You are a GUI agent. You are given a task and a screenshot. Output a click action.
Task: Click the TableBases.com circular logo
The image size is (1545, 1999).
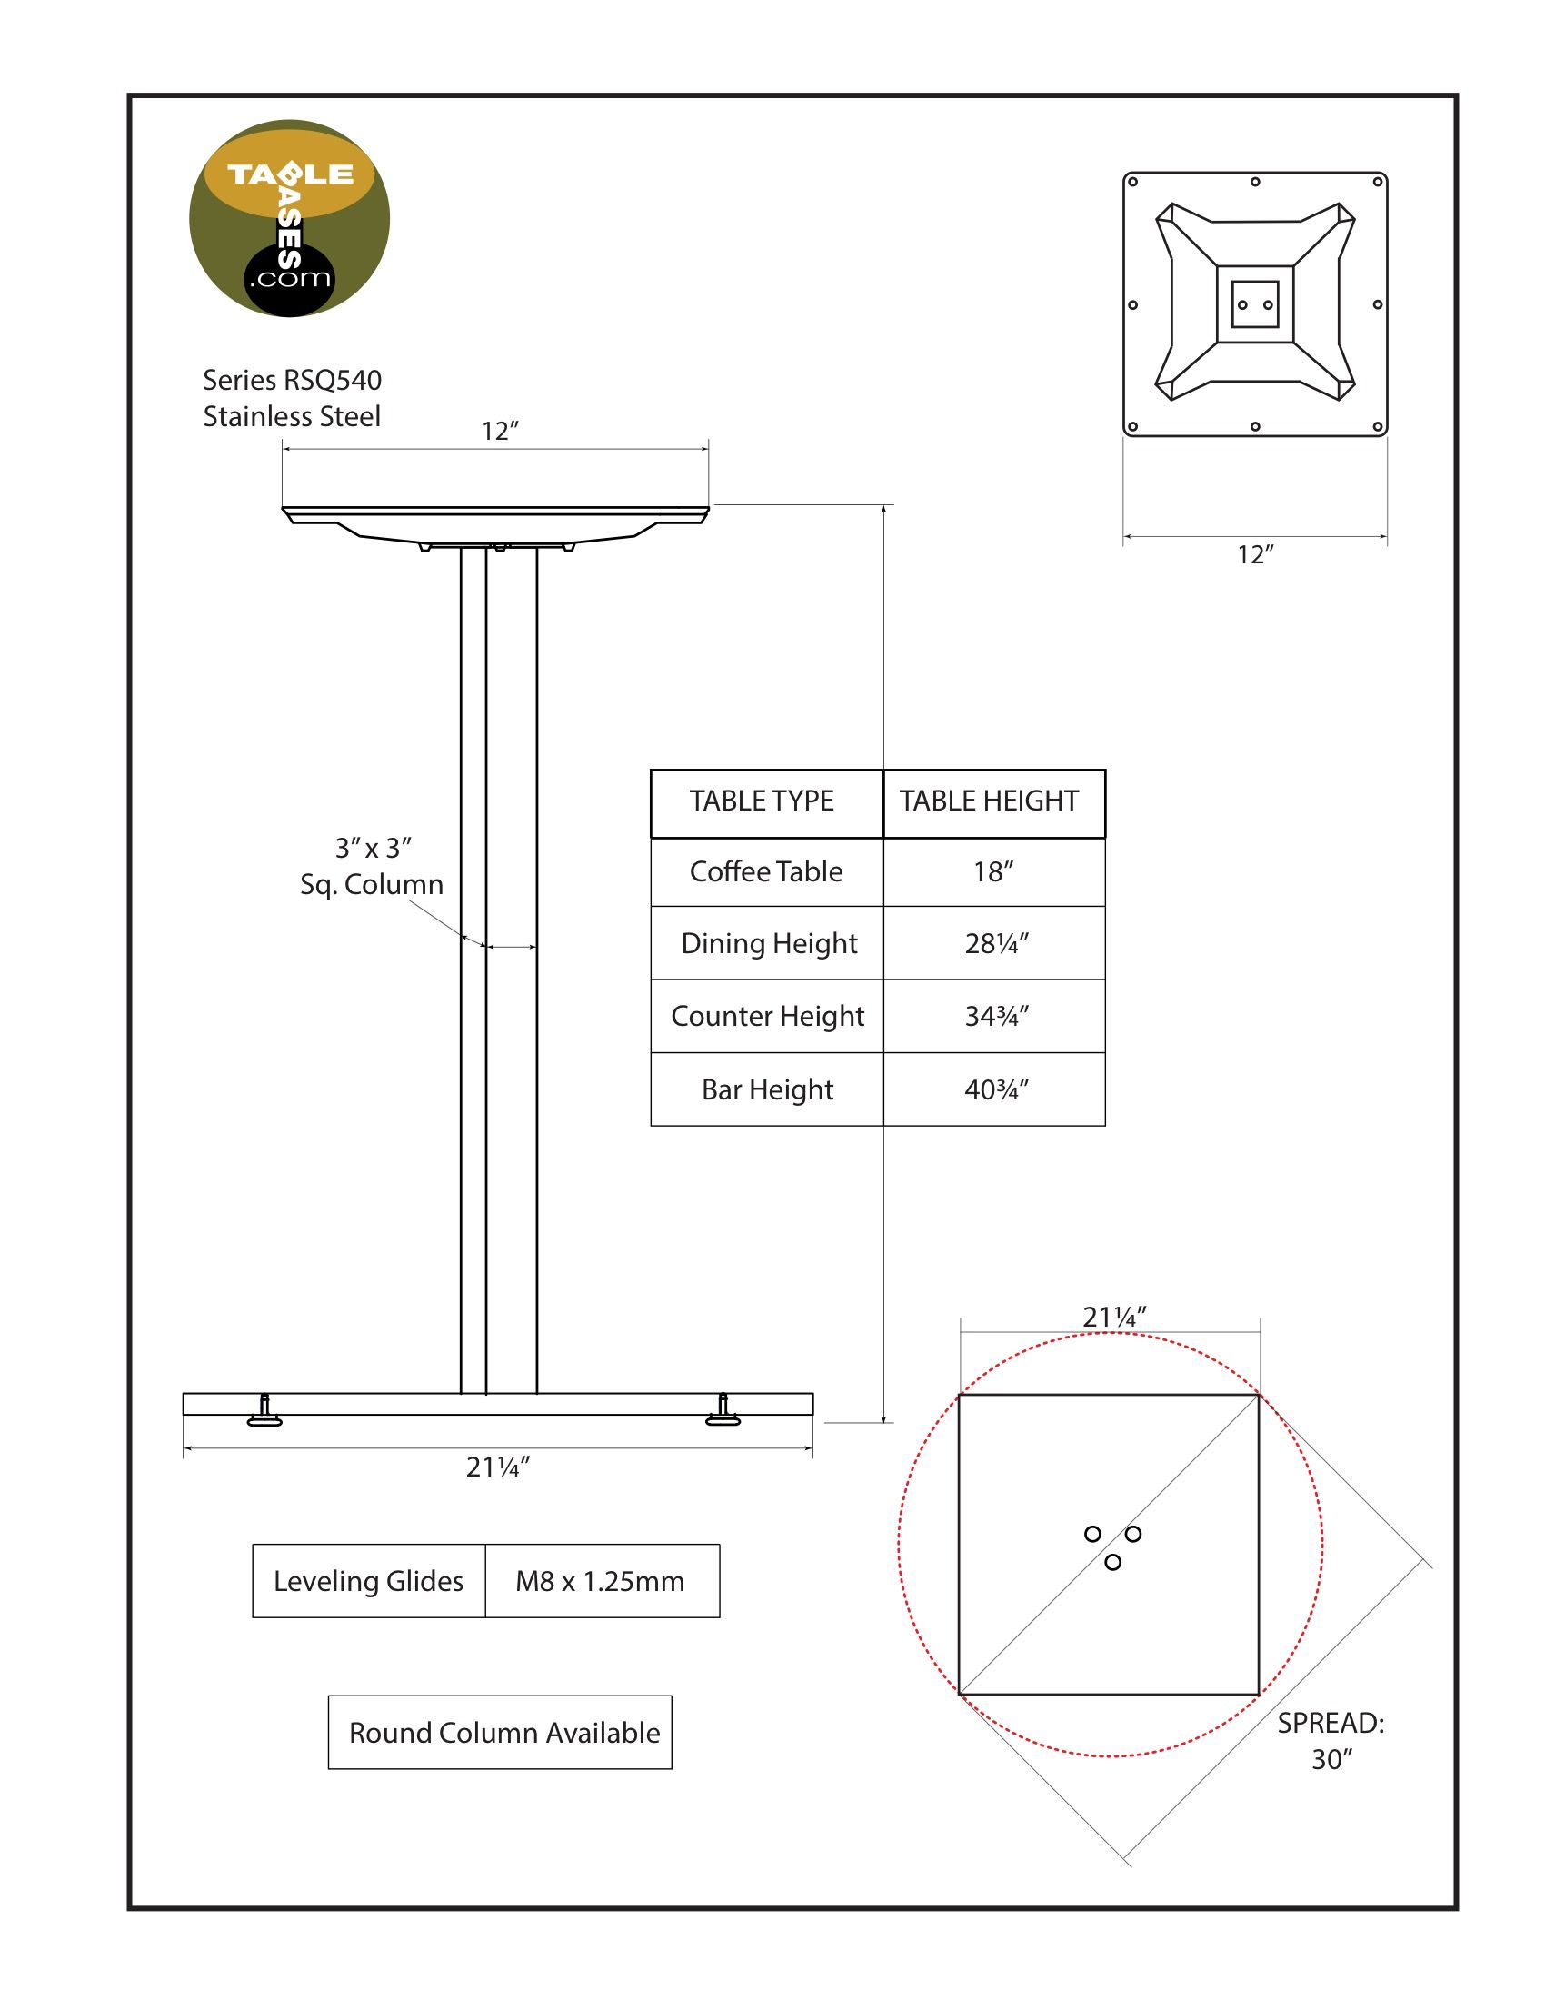pyautogui.click(x=289, y=219)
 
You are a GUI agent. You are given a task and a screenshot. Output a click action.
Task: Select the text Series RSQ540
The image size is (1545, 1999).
pyautogui.click(x=292, y=380)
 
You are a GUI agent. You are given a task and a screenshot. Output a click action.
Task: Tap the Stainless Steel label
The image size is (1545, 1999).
pyautogui.click(x=292, y=416)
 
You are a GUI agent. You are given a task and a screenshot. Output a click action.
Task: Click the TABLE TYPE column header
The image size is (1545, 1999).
pyautogui.click(x=762, y=801)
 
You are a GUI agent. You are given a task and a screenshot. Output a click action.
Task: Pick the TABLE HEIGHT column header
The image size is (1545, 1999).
pyautogui.click(x=990, y=801)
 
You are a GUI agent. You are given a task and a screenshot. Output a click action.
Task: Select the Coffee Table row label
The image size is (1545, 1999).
pyautogui.click(x=766, y=871)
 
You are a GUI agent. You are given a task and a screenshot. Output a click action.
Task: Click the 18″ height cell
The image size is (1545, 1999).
pyautogui.click(x=993, y=871)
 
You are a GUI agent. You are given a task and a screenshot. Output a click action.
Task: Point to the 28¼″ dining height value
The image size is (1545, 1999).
pyautogui.click(x=997, y=944)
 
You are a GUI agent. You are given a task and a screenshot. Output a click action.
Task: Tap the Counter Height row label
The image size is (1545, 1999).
pyautogui.click(x=767, y=1016)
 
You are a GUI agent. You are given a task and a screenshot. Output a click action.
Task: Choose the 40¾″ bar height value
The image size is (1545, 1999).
pyautogui.click(x=997, y=1089)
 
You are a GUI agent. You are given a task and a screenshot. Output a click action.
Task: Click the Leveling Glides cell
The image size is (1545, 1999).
pyautogui.click(x=369, y=1581)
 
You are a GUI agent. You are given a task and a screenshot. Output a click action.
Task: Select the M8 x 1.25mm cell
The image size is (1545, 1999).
pyautogui.click(x=602, y=1581)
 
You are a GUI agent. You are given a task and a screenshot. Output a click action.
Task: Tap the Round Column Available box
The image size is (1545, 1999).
pyautogui.click(x=500, y=1733)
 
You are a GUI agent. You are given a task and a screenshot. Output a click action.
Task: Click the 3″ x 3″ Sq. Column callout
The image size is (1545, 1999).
pyautogui.click(x=372, y=866)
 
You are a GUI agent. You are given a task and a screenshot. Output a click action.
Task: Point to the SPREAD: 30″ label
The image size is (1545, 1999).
pyautogui.click(x=1331, y=1741)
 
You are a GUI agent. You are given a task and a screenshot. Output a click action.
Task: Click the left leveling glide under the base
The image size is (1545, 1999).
pyautogui.click(x=264, y=1409)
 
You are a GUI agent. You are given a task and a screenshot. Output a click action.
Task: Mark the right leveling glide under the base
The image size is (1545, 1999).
pyautogui.click(x=723, y=1409)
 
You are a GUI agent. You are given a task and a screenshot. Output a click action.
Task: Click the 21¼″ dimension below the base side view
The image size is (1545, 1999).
pyautogui.click(x=498, y=1467)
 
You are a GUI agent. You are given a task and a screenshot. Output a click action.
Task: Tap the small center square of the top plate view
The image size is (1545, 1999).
pyautogui.click(x=1255, y=303)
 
